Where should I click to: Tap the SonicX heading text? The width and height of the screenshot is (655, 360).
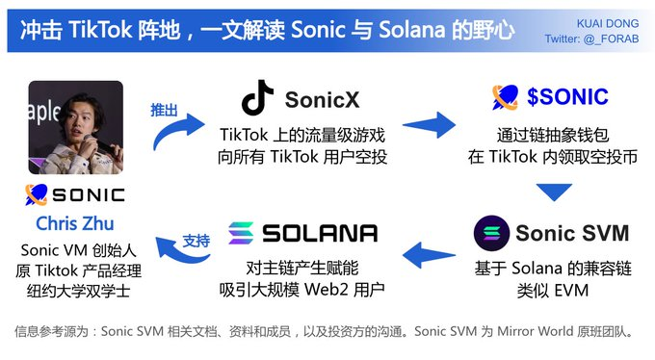coord(323,98)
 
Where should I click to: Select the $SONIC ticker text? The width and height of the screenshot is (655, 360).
coord(567,96)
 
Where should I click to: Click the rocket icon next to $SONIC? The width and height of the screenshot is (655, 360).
coord(506,96)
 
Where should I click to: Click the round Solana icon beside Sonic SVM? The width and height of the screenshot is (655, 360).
coord(491,233)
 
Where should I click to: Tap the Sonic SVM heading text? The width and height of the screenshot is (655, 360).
coord(571,233)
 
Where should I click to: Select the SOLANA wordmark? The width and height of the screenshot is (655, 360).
coord(318,233)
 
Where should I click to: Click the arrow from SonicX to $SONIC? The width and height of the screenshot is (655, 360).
coord(427,122)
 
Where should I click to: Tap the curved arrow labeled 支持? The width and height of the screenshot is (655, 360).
coord(178,253)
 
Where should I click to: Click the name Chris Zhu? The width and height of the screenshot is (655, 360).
coord(75,223)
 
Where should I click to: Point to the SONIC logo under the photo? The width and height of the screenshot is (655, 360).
coord(75,195)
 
